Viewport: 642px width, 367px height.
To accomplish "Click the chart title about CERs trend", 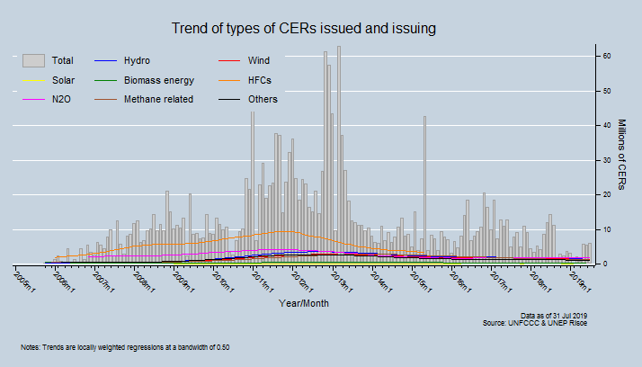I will point(304,29).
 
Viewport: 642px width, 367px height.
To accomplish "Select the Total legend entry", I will point(62,61).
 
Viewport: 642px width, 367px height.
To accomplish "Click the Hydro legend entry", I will point(137,61).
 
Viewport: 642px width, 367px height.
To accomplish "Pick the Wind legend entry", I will point(258,61).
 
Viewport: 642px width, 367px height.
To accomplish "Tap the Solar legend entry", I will point(62,80).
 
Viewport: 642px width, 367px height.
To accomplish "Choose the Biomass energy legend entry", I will point(158,80).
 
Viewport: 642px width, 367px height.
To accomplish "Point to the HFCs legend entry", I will point(260,80).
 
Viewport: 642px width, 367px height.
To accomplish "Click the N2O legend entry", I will point(62,99).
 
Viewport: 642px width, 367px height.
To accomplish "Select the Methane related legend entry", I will point(158,99).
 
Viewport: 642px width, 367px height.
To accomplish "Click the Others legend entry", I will point(262,99).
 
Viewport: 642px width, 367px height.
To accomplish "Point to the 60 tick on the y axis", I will point(607,56).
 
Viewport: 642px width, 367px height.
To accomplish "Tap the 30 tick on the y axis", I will point(607,160).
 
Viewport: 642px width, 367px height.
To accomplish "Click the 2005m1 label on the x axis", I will point(26,283).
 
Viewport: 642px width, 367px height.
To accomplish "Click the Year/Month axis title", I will point(304,304).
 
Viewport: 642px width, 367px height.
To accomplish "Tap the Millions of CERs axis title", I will point(621,154).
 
